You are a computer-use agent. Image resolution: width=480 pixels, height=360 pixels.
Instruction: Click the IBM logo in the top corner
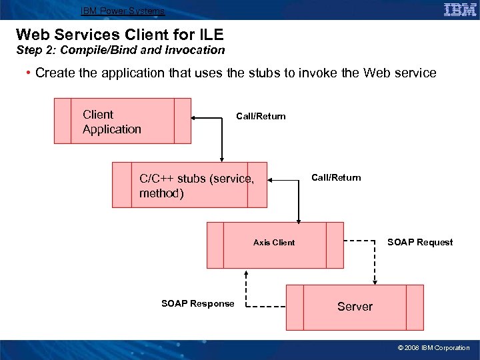[x=459, y=9]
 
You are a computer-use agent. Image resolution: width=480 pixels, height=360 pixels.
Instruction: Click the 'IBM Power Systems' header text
[x=122, y=11]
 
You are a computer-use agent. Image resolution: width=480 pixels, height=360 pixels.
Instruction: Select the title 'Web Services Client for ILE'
[x=119, y=34]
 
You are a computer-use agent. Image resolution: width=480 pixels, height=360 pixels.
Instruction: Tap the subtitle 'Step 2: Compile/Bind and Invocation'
[x=120, y=50]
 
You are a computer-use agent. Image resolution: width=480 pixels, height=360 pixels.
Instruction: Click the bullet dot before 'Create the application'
[x=29, y=73]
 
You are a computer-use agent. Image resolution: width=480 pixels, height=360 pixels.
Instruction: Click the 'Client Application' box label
[x=111, y=122]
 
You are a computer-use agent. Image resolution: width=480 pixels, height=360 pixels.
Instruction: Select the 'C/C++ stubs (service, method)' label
[x=196, y=186]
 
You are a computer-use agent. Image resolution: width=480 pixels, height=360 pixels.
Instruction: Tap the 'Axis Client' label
[x=273, y=243]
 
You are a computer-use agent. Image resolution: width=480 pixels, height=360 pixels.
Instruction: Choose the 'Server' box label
[x=355, y=307]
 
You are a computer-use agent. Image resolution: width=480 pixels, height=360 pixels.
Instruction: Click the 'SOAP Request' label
[x=420, y=242]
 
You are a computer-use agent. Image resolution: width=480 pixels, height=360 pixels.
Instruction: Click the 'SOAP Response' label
[x=198, y=304]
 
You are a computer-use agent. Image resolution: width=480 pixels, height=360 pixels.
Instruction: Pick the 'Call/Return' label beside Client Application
[x=261, y=117]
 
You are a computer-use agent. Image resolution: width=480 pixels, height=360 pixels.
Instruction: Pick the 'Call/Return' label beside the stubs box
[x=336, y=177]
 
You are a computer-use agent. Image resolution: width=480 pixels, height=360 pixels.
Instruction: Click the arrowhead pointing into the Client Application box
[x=195, y=119]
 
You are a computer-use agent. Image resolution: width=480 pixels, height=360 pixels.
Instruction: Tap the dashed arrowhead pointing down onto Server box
[x=375, y=281]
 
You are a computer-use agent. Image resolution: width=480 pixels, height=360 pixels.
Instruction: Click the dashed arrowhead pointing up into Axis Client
[x=247, y=273]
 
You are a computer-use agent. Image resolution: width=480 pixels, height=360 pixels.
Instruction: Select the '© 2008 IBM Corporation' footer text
[x=433, y=348]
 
